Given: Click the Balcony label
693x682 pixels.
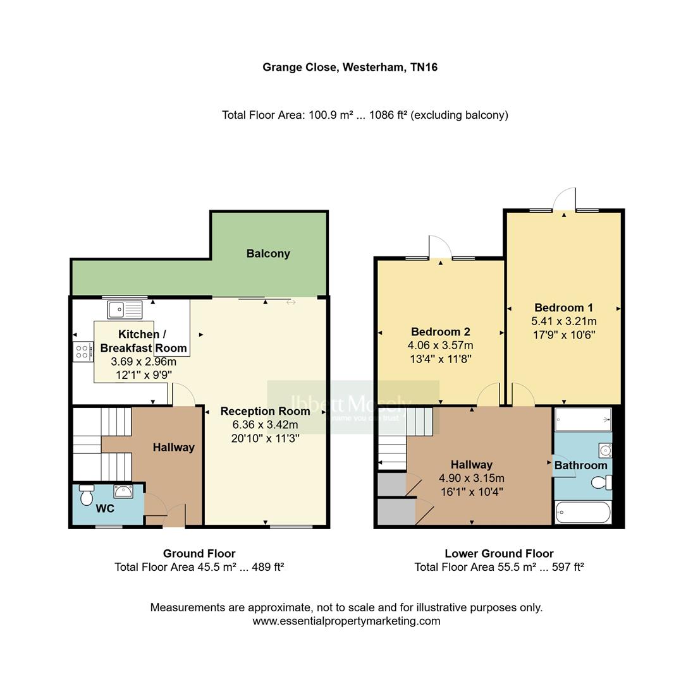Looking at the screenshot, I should [268, 253].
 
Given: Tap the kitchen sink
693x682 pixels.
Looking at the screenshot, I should [125, 309].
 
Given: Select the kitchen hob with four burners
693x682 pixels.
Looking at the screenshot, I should [82, 351].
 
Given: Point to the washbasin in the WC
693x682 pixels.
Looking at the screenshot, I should [123, 491].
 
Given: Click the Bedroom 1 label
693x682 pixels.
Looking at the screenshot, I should [563, 308].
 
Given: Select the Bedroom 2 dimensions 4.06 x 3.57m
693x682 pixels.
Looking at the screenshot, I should [440, 345].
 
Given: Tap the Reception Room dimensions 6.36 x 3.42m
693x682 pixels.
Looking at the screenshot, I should [265, 424].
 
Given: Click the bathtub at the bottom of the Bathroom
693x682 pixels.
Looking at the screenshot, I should [583, 512].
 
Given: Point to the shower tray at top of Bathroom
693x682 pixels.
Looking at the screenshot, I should [583, 419].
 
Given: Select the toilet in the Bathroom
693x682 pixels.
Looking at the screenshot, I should [601, 483].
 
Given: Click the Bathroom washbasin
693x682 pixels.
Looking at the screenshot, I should [604, 450].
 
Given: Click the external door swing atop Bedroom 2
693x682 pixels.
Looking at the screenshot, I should [439, 246].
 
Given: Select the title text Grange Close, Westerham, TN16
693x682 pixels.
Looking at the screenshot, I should [350, 67].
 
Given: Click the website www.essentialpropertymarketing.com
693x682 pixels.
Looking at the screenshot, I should [346, 621].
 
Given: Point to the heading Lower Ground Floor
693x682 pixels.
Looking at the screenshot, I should [498, 553].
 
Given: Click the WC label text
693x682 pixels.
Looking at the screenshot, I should [105, 508].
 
